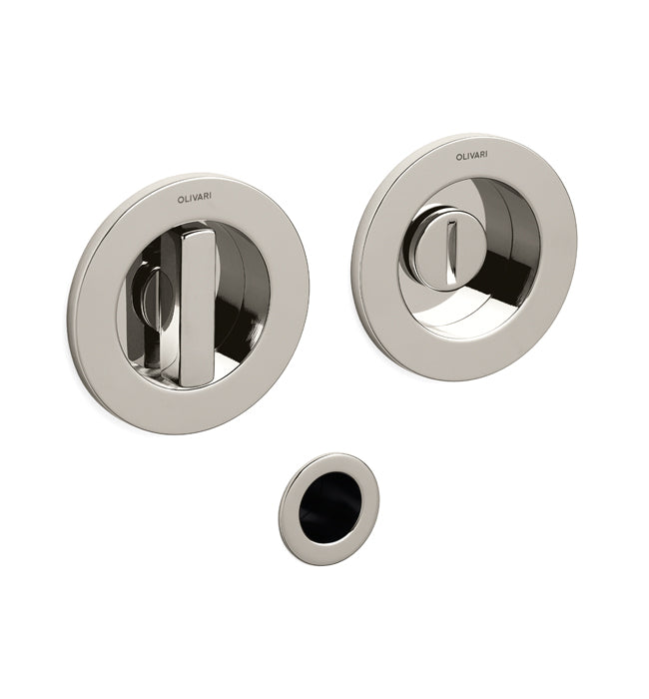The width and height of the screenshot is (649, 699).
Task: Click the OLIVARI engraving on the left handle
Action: [195, 199]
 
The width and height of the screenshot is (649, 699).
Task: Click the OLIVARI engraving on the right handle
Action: [471, 156]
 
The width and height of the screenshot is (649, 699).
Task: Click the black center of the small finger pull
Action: [329, 507]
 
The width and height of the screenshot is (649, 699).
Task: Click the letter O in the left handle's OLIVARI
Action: [180, 200]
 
